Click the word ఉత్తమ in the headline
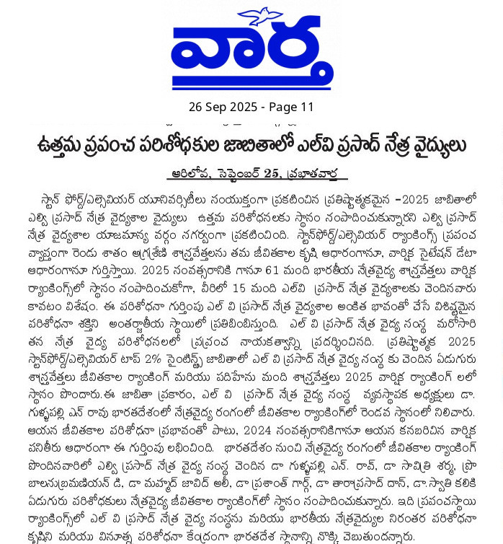pyautogui.click(x=60, y=146)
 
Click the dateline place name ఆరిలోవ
pyautogui.click(x=190, y=173)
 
